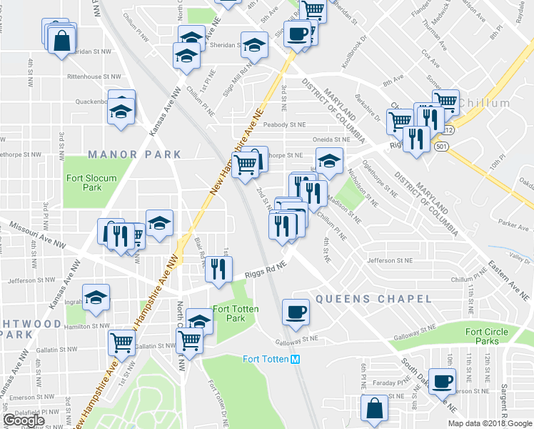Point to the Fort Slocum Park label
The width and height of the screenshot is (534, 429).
point(89,182)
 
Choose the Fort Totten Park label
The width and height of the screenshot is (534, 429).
point(236,314)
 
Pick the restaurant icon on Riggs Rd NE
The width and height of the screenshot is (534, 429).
point(218,269)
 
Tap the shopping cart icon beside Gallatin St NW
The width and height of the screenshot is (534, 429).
point(121,342)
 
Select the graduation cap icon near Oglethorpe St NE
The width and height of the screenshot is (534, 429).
point(329,160)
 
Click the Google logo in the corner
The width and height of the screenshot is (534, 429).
point(24,420)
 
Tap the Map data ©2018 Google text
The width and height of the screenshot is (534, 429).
point(490,423)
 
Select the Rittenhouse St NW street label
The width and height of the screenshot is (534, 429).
point(79,76)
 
